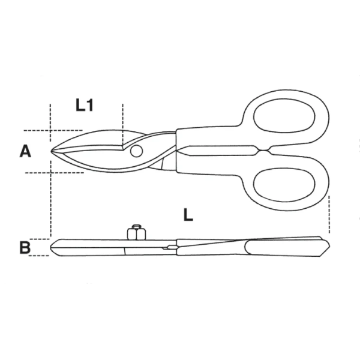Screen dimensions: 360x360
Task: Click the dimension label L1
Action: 85,106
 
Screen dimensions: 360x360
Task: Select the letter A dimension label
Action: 25,151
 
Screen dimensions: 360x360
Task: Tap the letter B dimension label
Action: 25,247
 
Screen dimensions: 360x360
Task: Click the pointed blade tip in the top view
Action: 52,151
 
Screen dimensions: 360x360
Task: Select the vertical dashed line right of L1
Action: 122,123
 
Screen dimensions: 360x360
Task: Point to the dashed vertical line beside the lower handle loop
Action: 329,213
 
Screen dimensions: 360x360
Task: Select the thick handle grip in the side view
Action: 282,246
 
